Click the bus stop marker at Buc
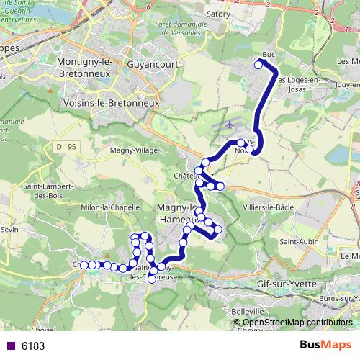(x=258, y=65)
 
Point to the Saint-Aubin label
(x=300, y=241)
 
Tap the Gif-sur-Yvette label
(x=286, y=284)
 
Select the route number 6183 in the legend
(x=33, y=346)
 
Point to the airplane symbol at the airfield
(x=230, y=124)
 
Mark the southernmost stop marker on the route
(x=152, y=279)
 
